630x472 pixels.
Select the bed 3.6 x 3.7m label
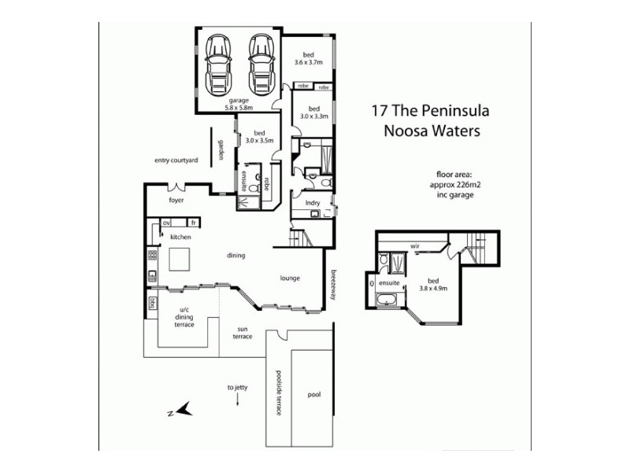click(308, 57)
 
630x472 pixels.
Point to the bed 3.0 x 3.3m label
click(313, 112)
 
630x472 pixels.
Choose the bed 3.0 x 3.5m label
click(259, 137)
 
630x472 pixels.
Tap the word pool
click(314, 395)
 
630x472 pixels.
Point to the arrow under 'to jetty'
click(238, 400)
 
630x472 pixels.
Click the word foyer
click(176, 201)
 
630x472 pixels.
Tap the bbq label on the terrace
click(152, 304)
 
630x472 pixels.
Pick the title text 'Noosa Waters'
click(431, 131)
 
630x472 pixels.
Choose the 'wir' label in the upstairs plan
click(413, 245)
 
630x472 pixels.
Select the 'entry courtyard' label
click(176, 160)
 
